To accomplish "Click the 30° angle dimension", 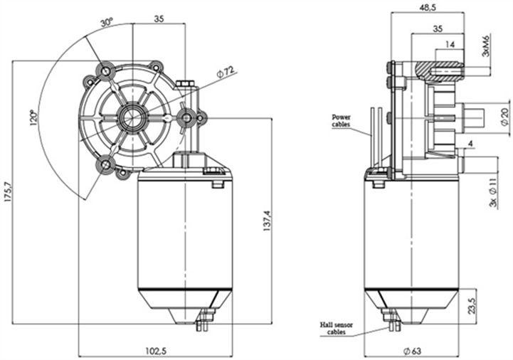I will [x=106, y=23].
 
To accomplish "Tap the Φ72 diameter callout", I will [x=226, y=72].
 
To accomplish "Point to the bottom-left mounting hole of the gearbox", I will [x=106, y=165].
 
